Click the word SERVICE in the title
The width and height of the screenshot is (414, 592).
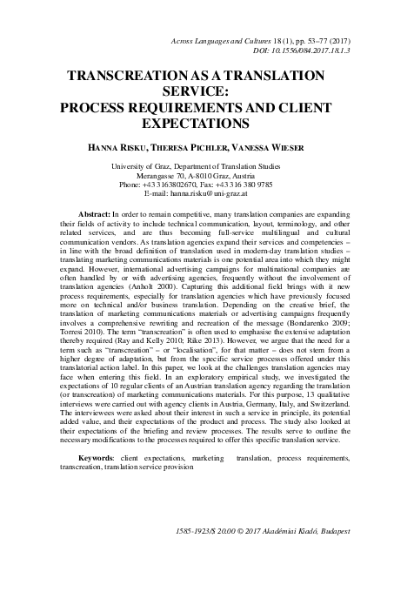point(207,91)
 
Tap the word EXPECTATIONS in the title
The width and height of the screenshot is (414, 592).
point(207,124)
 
